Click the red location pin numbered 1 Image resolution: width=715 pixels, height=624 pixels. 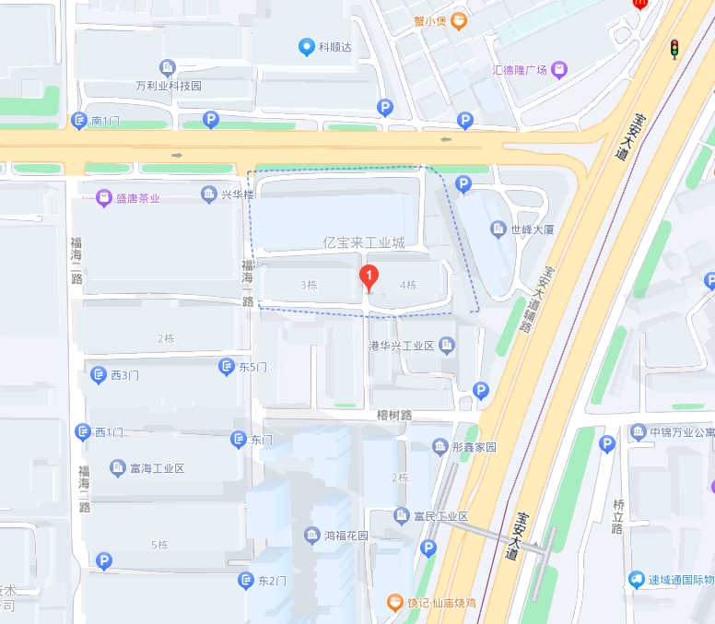tap(369, 276)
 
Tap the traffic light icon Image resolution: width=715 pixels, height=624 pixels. tap(674, 49)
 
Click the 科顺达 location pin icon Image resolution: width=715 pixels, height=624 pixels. tap(307, 47)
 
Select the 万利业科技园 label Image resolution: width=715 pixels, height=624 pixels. tap(169, 86)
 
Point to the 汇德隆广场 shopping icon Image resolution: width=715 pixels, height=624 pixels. tap(559, 70)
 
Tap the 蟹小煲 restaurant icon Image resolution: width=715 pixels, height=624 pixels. tap(459, 20)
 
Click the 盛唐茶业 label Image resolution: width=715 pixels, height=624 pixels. tap(137, 197)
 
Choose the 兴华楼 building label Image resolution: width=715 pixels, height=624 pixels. tap(238, 194)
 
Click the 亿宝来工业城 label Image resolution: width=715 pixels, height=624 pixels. tap(364, 243)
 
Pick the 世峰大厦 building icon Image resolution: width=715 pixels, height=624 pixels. tap(498, 230)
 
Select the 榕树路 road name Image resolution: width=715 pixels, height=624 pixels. tap(393, 415)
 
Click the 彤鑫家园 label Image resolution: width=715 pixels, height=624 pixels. tap(474, 447)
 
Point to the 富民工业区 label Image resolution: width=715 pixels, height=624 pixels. tap(441, 516)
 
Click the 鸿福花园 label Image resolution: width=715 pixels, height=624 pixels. tap(346, 536)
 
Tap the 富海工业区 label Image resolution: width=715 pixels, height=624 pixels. tap(158, 468)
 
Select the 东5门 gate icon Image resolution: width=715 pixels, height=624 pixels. tap(226, 367)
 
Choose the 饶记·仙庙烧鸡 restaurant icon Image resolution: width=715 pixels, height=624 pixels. tap(394, 603)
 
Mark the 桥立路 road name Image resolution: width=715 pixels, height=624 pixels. tap(617, 516)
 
